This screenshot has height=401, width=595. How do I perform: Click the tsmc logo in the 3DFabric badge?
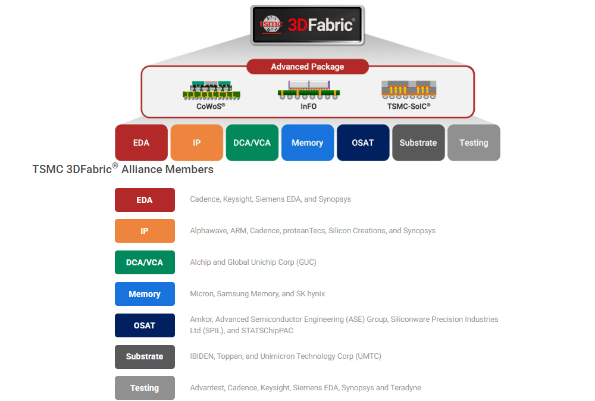[271, 24]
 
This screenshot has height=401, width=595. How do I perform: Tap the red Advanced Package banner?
[308, 67]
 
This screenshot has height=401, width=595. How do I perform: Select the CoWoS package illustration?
[211, 90]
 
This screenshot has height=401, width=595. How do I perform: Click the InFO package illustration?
[308, 90]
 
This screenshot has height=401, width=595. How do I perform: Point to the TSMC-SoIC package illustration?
[409, 89]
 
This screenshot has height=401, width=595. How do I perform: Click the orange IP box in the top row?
[196, 143]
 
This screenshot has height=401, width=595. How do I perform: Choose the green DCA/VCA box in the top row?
[252, 143]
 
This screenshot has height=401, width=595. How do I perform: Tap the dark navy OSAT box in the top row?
[363, 143]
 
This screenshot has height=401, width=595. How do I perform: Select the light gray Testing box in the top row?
[474, 143]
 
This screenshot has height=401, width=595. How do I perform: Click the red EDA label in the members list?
[145, 200]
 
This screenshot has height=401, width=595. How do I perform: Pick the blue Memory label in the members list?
[145, 294]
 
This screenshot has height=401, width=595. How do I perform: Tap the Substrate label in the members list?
[145, 356]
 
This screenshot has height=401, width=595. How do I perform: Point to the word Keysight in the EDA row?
[237, 199]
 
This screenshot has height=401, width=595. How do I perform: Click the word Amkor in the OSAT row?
[201, 319]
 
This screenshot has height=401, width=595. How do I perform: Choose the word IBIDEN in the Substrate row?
[202, 356]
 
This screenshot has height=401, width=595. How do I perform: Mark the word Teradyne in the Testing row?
[406, 388]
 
